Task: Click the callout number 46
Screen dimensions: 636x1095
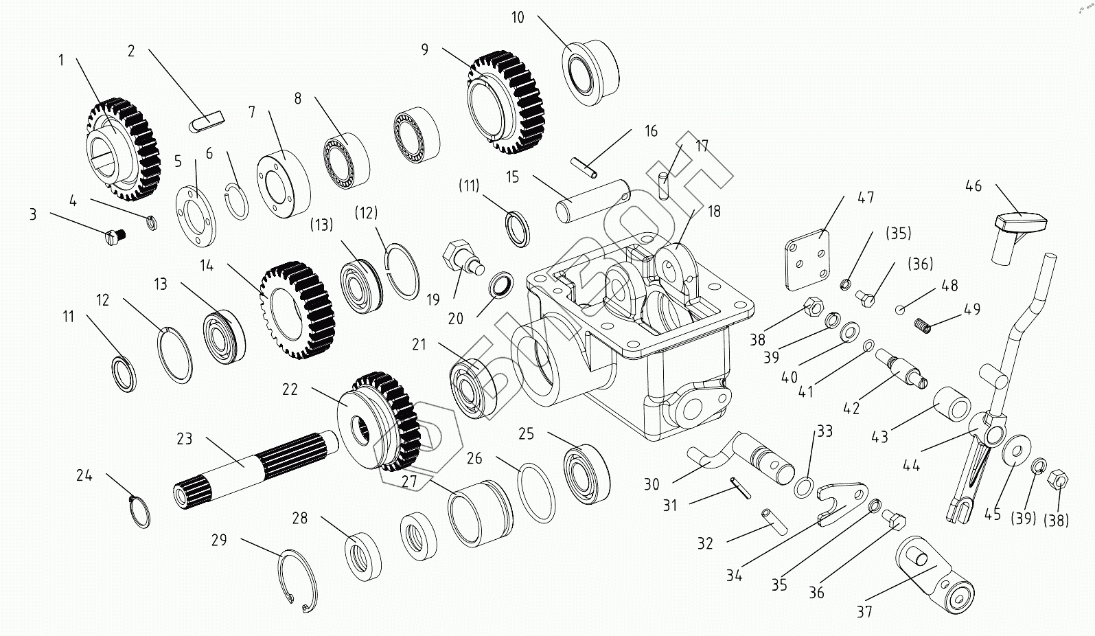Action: click(x=973, y=186)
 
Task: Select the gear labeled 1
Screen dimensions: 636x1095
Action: click(x=124, y=148)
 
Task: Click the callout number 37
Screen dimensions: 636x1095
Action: click(x=864, y=611)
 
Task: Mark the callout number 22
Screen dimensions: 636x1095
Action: click(x=290, y=389)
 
